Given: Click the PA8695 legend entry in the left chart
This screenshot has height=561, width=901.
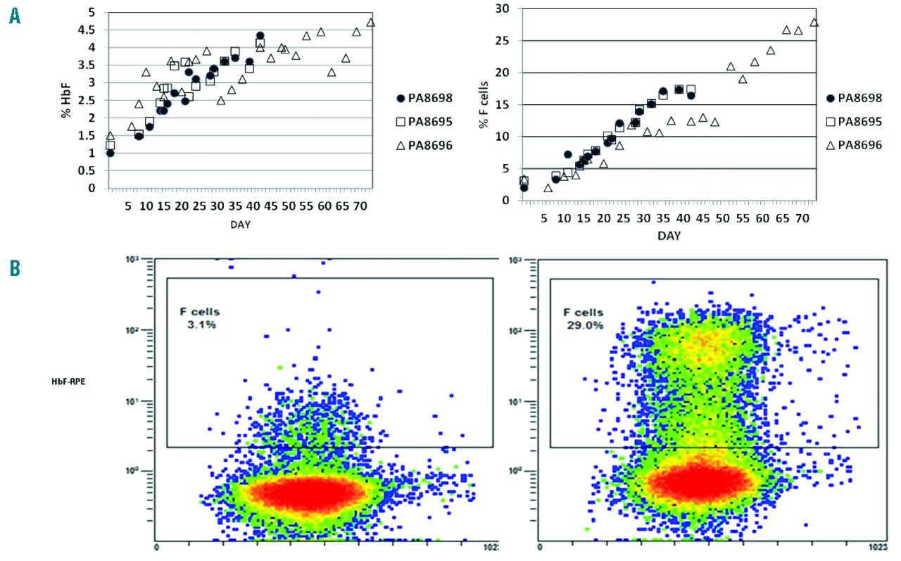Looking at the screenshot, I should (x=424, y=122).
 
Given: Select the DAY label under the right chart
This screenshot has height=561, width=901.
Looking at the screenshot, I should (x=669, y=236).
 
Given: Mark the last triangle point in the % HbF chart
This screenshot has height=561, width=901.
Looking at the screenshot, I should (x=371, y=22).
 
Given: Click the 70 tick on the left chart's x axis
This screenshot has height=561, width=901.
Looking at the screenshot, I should (x=360, y=207).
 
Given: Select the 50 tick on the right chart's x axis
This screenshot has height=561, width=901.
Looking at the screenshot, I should (x=722, y=219).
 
